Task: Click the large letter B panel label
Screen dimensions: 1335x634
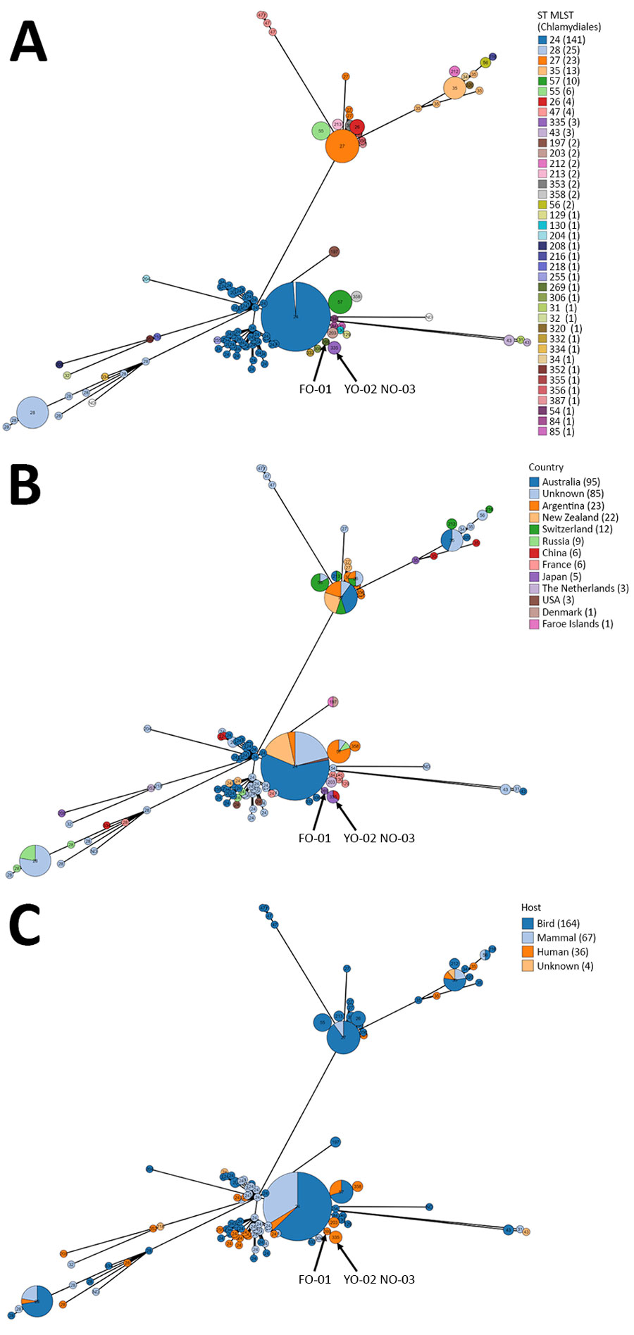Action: tap(25, 486)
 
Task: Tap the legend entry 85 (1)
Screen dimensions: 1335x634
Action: tap(561, 432)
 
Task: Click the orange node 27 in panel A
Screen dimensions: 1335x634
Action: tap(342, 146)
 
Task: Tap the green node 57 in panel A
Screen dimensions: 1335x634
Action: tap(340, 302)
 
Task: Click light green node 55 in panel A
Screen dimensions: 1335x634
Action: tap(321, 131)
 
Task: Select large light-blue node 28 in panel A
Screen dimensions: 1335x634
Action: tap(32, 413)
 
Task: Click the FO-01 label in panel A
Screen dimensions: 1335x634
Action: tap(315, 389)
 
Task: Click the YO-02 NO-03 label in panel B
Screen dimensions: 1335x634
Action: tap(379, 838)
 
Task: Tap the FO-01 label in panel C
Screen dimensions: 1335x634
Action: tap(314, 1279)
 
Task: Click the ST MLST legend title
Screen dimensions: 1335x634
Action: tap(568, 21)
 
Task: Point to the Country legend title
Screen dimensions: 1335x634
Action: tap(546, 467)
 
